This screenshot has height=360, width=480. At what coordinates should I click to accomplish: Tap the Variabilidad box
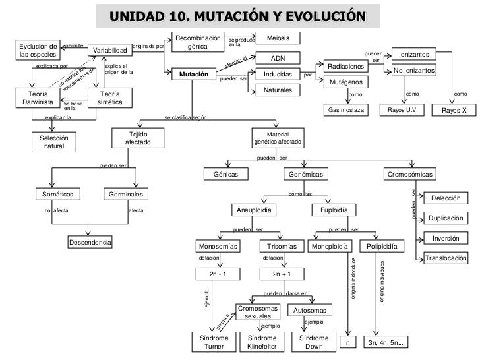[108, 51]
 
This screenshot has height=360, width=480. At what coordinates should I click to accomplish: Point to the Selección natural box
[54, 142]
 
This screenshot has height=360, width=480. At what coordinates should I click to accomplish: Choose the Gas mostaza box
[347, 110]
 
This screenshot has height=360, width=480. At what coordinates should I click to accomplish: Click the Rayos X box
[454, 110]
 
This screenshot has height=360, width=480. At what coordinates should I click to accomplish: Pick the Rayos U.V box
[401, 110]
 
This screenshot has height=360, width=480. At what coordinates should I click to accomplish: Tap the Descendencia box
[90, 243]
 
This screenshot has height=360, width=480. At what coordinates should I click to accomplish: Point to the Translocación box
[446, 258]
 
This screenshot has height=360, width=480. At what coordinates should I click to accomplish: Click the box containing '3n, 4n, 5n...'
[388, 342]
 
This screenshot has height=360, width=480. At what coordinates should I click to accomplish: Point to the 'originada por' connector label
[148, 46]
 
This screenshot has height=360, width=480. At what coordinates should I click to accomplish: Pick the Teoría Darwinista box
[32, 98]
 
